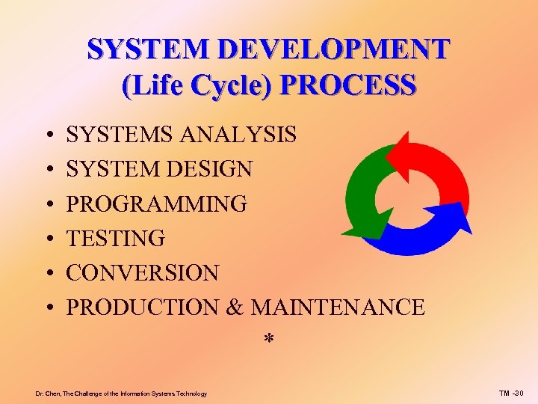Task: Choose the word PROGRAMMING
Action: (156, 203)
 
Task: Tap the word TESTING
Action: (116, 239)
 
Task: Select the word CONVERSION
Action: (143, 273)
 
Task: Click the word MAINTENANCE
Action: (338, 307)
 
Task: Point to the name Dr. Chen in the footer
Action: (49, 393)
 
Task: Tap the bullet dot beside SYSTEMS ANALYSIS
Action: (47, 135)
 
